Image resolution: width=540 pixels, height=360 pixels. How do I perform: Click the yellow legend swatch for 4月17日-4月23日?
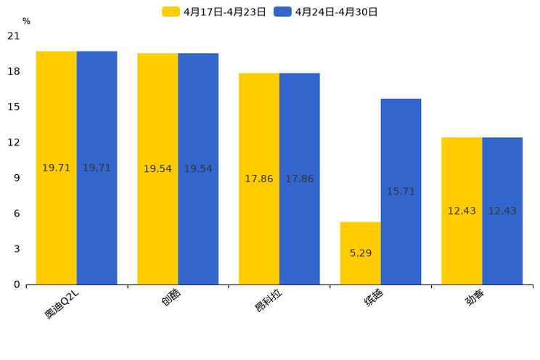click(x=171, y=12)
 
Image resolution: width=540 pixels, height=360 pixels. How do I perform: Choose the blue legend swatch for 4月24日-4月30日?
click(x=282, y=12)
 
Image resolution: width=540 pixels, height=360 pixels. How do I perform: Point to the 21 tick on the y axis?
click(x=14, y=36)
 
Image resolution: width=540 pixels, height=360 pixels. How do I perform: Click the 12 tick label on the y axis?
click(x=14, y=142)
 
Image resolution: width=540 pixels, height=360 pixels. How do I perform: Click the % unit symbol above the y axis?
click(x=26, y=21)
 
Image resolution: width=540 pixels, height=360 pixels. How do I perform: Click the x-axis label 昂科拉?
click(x=268, y=302)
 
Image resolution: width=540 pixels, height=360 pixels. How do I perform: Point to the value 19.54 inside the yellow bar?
click(x=157, y=169)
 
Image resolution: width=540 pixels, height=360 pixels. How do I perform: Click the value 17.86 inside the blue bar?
click(x=299, y=179)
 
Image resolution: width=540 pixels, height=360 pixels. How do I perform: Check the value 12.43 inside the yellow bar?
click(x=462, y=211)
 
